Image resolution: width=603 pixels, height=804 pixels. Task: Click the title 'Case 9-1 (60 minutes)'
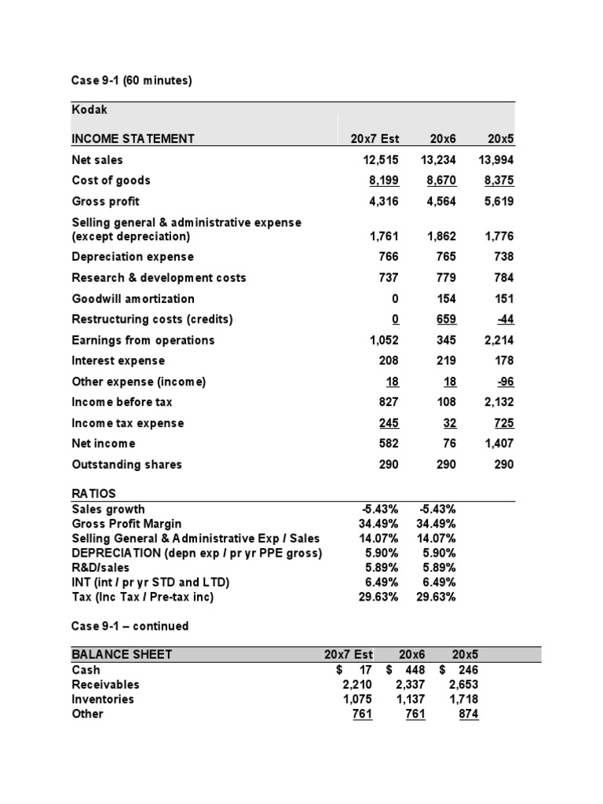click(131, 80)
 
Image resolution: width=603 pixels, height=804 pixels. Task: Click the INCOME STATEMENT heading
click(133, 139)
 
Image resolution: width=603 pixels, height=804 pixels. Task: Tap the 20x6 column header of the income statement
click(443, 139)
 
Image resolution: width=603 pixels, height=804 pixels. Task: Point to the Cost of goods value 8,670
click(440, 181)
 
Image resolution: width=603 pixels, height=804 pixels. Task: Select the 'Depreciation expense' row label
click(132, 257)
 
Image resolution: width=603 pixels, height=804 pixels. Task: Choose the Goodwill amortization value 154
click(446, 298)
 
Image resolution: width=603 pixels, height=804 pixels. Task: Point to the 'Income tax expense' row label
click(127, 423)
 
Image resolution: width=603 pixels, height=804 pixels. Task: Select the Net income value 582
click(388, 444)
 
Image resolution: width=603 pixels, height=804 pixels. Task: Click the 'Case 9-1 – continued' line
click(130, 627)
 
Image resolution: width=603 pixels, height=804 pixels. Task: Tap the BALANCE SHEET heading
click(122, 655)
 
